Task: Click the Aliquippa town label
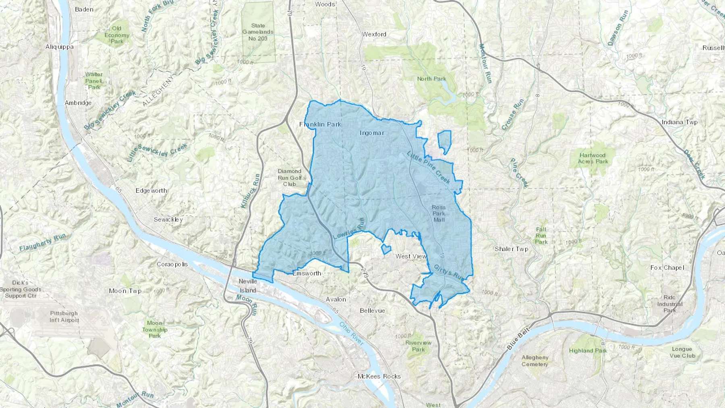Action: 59,47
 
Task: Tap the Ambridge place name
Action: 78,103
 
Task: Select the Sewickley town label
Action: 168,220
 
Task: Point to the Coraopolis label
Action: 172,264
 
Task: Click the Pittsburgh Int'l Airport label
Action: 64,317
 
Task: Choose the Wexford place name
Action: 374,34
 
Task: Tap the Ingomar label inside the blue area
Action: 372,133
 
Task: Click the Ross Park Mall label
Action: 439,213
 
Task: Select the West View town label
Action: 411,256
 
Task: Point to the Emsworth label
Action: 307,273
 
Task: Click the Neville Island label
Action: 247,286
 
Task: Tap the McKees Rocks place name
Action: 379,376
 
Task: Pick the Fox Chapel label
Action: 667,267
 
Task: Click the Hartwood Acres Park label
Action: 593,158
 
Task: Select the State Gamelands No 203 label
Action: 258,32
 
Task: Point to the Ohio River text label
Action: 351,333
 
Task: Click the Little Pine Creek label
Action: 429,168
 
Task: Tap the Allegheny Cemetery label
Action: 534,360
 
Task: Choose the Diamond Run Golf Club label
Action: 289,178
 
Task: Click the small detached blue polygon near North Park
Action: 444,141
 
